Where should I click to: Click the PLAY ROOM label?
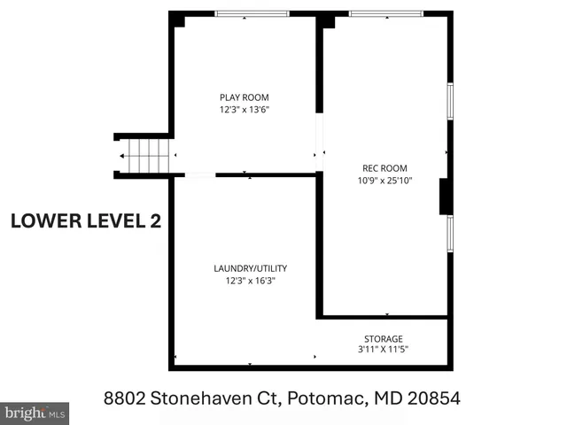244,97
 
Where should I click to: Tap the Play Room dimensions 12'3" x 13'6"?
244,110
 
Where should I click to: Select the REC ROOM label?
384,168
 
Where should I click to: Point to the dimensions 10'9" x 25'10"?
384,181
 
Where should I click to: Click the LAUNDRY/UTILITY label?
250,268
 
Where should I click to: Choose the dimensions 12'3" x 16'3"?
250,281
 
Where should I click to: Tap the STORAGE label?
384,338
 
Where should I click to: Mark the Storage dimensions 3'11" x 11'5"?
384,350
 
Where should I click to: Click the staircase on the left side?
144,158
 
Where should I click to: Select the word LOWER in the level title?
46,220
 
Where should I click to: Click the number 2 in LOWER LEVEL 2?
155,220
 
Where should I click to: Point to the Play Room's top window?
252,13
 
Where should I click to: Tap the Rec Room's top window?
384,13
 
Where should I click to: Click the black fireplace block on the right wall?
446,197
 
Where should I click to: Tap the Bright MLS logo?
35,413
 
